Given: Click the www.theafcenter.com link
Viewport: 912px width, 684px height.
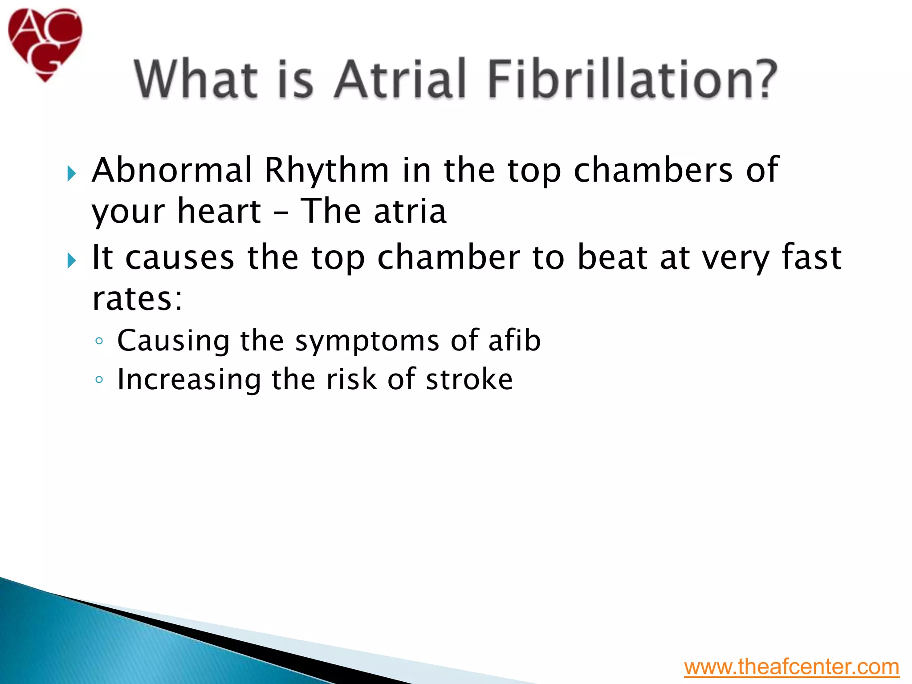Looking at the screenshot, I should coord(791,667).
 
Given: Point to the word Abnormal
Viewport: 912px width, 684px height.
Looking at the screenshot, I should coord(172,171).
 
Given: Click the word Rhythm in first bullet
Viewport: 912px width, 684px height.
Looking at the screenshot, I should coord(326,171).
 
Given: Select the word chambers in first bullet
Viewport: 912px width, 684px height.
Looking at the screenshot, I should coord(653,171).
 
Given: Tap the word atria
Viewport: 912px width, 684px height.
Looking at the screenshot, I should coord(410,211).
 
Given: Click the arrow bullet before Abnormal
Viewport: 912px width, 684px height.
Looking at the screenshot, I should coord(72,173).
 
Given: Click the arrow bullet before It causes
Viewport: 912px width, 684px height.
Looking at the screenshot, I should coord(72,261).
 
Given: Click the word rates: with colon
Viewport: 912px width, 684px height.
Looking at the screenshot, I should coord(137,299).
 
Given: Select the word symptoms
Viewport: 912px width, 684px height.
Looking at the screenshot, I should coord(367,341).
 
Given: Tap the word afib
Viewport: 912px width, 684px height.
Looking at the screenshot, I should coord(514,341).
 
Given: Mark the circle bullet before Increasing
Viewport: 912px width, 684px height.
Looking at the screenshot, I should coord(99,380).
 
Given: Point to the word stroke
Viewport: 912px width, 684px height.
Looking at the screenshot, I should coord(469,379).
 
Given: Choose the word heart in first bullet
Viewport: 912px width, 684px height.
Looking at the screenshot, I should coord(219,211).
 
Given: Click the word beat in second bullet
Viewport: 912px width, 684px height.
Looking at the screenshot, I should coord(612,257).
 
